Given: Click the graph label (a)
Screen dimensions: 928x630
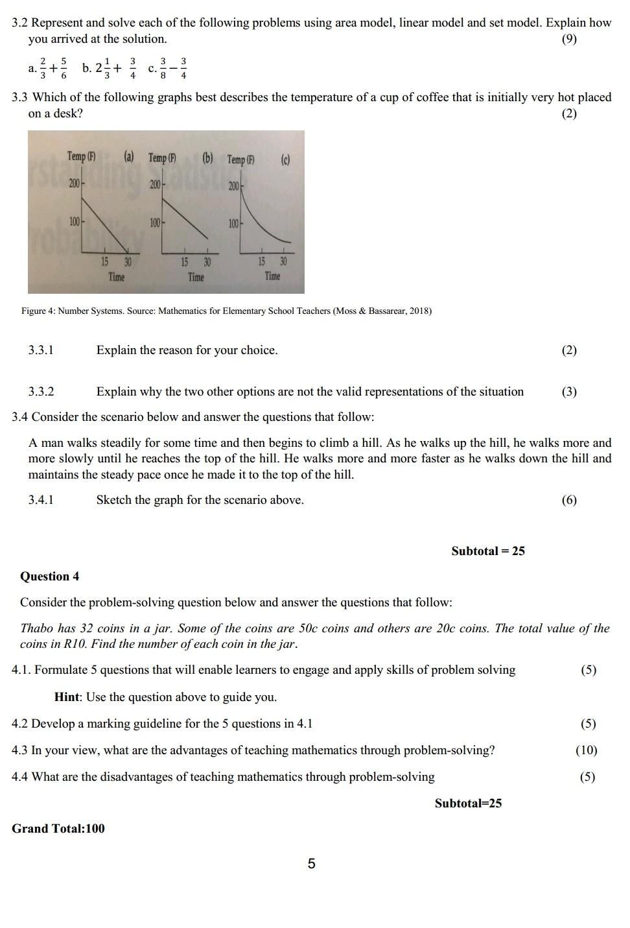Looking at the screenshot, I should point(129,156).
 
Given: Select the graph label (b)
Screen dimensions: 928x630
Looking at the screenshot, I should point(207,158).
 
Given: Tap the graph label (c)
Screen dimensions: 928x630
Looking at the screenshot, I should point(285,160).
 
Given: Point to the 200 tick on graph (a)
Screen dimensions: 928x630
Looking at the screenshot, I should point(75,184).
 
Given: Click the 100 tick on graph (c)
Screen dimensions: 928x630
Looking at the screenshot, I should point(234,224).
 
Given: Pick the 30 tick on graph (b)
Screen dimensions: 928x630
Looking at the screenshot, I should point(207,263).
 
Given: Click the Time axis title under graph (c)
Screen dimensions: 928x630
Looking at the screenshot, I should point(272,276).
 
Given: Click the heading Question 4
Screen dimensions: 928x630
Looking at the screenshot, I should point(49,577).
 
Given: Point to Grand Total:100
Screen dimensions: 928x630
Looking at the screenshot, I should point(58,828).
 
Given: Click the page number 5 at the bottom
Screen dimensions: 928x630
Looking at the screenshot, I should point(311,864).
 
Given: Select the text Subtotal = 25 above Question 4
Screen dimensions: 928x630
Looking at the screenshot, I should point(488,551).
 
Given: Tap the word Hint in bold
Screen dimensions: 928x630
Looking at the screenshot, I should point(67,697).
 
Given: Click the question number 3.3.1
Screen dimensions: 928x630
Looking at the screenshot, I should point(41,350).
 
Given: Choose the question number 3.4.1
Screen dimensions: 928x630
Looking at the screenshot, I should point(41,500).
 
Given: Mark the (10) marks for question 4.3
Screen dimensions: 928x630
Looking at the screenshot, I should point(586,750).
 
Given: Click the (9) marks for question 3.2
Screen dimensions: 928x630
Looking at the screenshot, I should point(568,39).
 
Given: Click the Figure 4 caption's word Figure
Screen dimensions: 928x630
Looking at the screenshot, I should point(34,311).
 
